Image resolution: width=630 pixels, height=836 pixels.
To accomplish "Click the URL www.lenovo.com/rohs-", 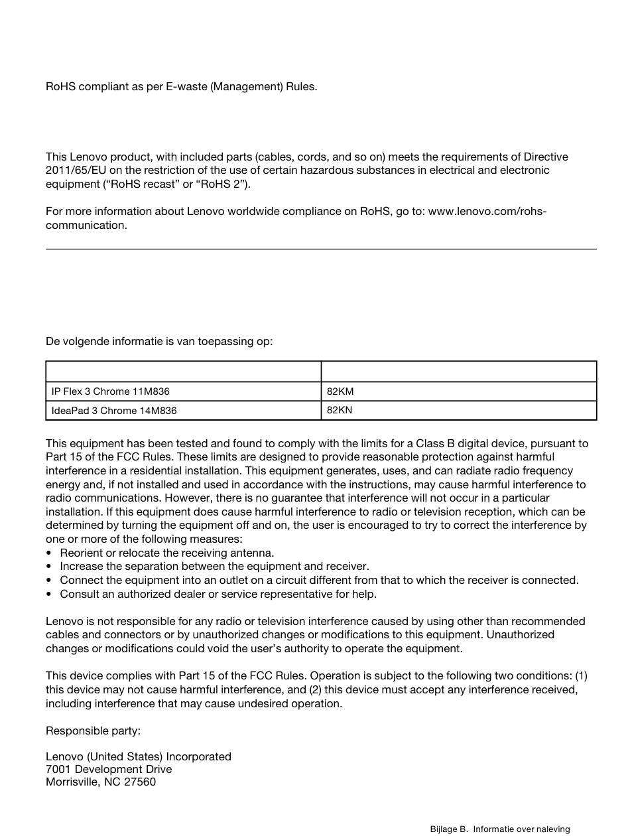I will [x=487, y=212].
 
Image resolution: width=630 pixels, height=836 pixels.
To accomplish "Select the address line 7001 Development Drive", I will [x=109, y=770].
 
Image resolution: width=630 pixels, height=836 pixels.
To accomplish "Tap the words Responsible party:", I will [x=93, y=731].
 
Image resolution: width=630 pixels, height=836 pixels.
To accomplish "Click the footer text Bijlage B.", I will [x=448, y=829].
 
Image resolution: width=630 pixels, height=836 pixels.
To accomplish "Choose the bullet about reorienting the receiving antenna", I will [x=166, y=553].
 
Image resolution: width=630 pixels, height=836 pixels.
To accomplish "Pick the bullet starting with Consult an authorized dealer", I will [x=218, y=594].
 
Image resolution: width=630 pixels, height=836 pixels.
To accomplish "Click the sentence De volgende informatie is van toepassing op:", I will [x=159, y=342].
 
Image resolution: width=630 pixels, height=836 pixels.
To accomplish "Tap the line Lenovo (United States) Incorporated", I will [x=139, y=757].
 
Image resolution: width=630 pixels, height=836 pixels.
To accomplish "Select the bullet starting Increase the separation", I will [x=214, y=567].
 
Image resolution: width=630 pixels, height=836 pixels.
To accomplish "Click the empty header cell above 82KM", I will [x=458, y=372].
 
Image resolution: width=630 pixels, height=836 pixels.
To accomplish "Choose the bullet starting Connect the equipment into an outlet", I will [x=319, y=581].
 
